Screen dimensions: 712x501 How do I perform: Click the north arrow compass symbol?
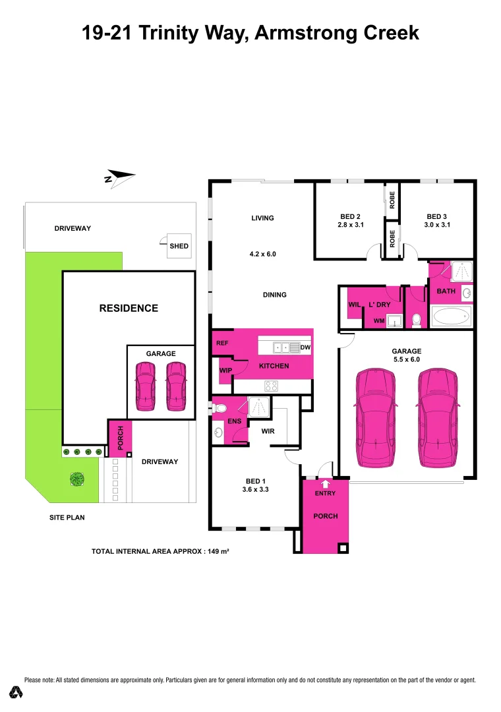(119, 177)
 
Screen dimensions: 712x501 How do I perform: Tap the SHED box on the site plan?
(179, 246)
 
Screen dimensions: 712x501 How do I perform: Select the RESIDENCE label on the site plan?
(129, 308)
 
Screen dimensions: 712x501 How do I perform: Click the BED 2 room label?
(350, 216)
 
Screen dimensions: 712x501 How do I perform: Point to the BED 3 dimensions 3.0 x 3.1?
(437, 225)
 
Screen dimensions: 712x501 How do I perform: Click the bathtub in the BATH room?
(452, 316)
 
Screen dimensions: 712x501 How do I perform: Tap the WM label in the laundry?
(378, 321)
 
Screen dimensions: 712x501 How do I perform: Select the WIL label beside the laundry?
(353, 305)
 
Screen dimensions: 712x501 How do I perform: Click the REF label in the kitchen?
(221, 343)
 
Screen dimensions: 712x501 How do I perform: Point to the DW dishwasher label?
(305, 347)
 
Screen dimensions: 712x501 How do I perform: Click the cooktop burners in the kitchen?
(271, 386)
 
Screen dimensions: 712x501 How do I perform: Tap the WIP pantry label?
(225, 371)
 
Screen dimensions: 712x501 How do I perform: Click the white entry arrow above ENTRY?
(325, 484)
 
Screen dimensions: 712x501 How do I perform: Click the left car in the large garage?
(376, 418)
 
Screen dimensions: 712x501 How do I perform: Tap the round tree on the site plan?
(78, 479)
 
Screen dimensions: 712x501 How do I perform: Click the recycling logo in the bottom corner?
(16, 692)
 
